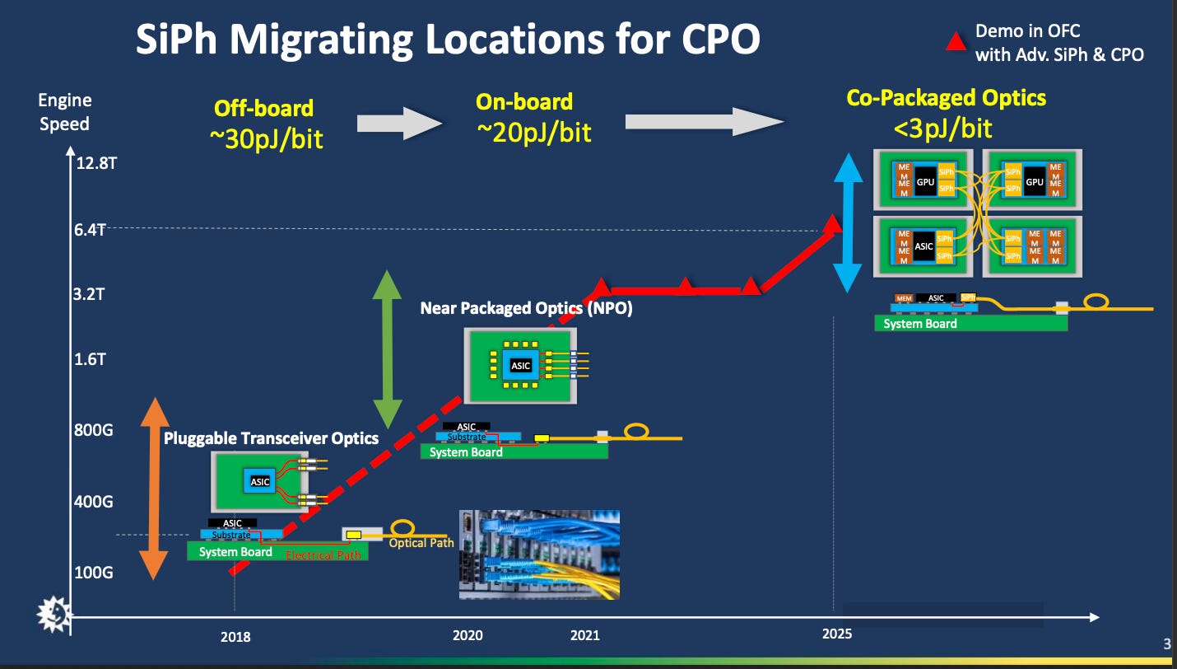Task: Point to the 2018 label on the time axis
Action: point(235,636)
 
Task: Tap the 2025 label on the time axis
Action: point(837,634)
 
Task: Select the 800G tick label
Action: point(94,429)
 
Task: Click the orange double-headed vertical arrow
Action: point(154,489)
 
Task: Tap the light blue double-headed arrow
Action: point(847,222)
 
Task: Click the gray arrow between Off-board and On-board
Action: point(400,124)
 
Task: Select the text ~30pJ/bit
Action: point(267,138)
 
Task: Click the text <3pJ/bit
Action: point(944,128)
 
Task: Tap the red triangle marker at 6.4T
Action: point(833,223)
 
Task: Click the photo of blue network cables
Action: point(538,554)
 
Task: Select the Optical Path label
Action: point(421,543)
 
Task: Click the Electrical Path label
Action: point(323,555)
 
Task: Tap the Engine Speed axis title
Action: point(64,113)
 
